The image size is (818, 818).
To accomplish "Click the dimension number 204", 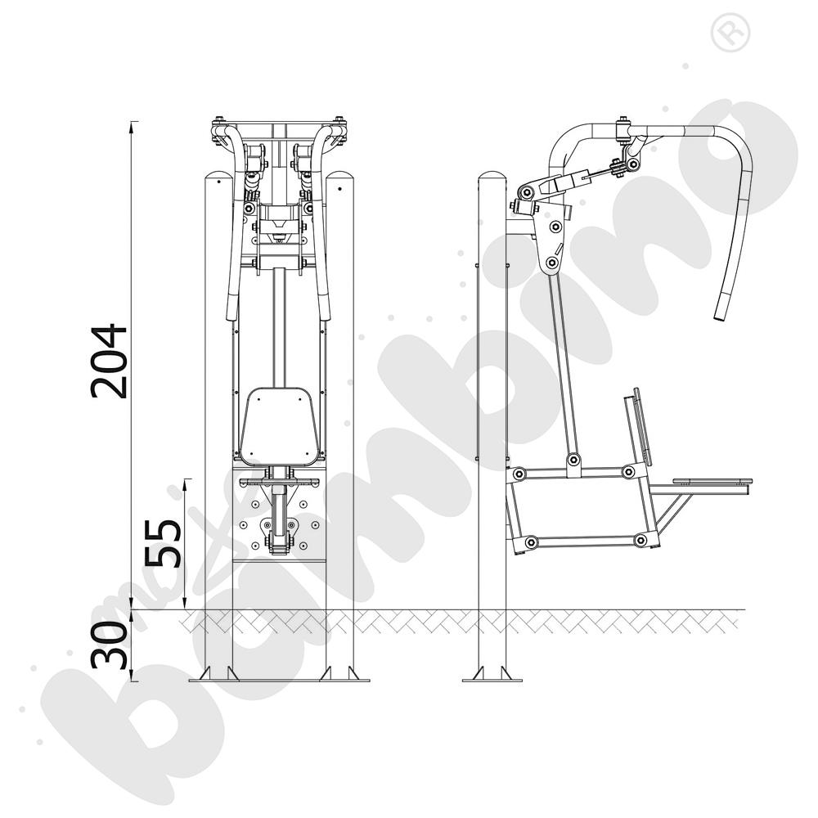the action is click(109, 362).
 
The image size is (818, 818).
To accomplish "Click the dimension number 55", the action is click(163, 542).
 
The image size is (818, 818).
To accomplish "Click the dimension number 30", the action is click(109, 645).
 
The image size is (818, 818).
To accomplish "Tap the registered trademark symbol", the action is click(730, 33).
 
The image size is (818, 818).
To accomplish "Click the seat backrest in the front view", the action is click(280, 427).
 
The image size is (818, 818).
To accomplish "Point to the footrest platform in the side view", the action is click(712, 481).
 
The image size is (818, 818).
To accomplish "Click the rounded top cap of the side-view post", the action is click(492, 178).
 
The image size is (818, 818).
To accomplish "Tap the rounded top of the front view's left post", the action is click(218, 178).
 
